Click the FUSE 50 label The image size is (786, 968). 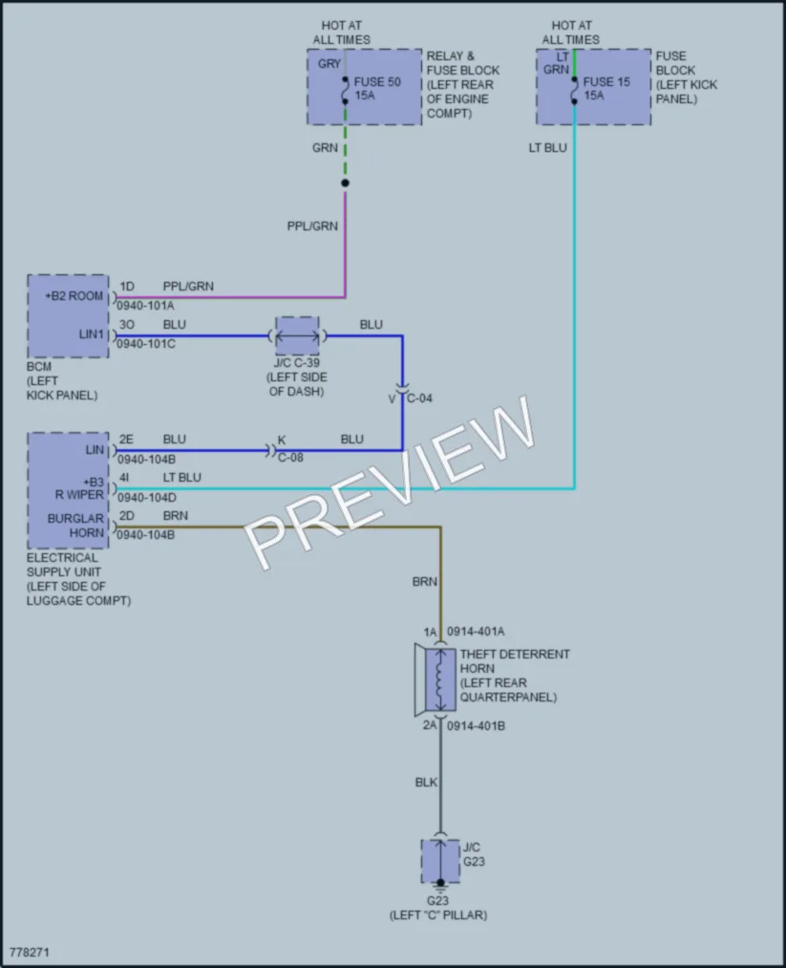[377, 81]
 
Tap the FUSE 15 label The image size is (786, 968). [606, 81]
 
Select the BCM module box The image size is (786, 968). [68, 316]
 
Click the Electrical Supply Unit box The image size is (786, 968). [68, 491]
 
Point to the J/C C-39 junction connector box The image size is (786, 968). [297, 335]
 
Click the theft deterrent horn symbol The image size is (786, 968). [435, 678]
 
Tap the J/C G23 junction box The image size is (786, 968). [440, 862]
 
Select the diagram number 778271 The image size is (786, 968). [29, 952]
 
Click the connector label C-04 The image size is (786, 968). [419, 398]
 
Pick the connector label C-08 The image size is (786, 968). [290, 458]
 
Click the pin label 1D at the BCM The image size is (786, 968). [126, 287]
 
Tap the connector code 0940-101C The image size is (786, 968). [146, 344]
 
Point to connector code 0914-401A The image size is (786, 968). [476, 632]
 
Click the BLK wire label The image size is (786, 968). [426, 783]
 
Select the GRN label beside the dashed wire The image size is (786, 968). [325, 148]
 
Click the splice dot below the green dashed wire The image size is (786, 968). [345, 183]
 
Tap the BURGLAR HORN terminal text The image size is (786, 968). [75, 526]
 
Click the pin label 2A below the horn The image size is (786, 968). [430, 725]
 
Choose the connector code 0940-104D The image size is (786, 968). [147, 498]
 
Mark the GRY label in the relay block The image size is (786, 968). [329, 64]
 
